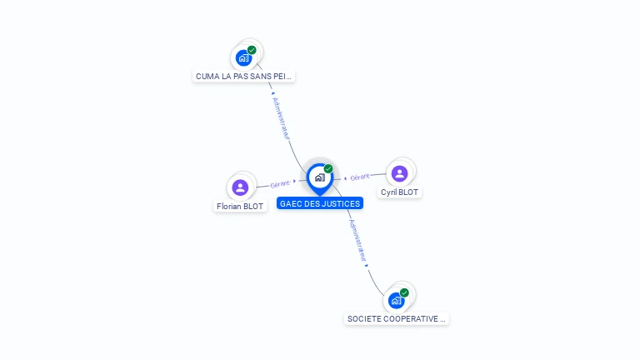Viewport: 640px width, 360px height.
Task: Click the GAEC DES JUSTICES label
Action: pos(320,203)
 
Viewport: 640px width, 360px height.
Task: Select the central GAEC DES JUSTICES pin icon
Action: pos(319,177)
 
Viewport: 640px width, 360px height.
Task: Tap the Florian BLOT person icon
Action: pos(241,187)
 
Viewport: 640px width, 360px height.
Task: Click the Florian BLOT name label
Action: pos(240,206)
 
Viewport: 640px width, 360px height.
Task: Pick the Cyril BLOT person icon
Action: pos(399,173)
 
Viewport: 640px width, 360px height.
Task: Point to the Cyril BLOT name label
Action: pos(399,192)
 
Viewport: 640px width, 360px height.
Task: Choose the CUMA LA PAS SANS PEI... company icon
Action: pos(243,58)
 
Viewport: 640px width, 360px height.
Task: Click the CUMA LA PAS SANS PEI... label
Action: pos(243,77)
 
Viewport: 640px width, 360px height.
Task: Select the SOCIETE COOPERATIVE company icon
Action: pos(396,300)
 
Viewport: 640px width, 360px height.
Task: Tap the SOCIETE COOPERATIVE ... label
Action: pos(397,318)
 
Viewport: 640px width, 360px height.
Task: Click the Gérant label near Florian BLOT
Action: pos(280,183)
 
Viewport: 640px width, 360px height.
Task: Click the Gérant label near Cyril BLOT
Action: pos(360,177)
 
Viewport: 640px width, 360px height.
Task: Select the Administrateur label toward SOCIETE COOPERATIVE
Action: pos(357,241)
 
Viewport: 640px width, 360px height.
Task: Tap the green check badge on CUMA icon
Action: pos(252,50)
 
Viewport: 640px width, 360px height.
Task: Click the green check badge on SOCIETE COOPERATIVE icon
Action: pos(404,292)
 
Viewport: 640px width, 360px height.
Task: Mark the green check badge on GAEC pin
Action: pos(328,168)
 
